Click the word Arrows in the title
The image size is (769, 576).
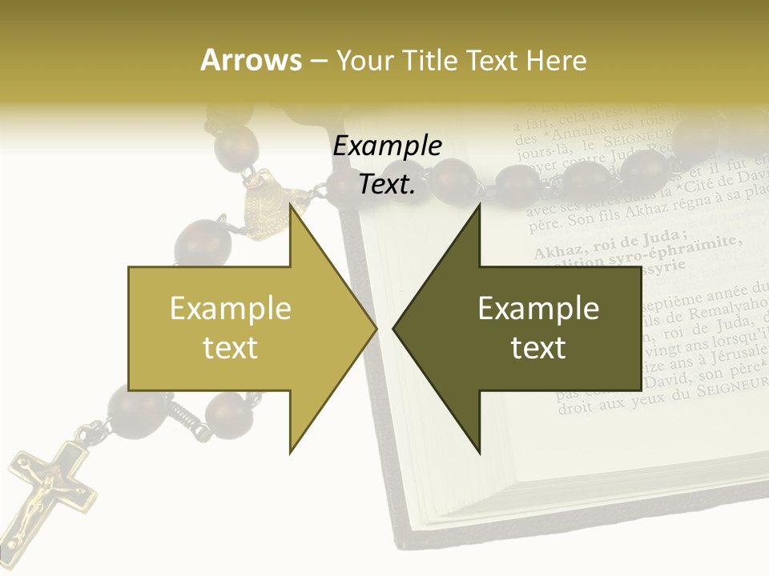pos(251,60)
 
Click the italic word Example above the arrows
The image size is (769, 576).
pos(387,146)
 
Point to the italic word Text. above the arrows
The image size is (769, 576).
pos(387,184)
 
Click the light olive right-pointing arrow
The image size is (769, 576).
pos(240,328)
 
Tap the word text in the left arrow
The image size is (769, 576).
pos(231,348)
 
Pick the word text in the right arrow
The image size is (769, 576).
pos(538,348)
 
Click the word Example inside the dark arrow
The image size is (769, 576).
pos(538,308)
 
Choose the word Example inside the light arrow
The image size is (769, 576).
pos(231,308)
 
